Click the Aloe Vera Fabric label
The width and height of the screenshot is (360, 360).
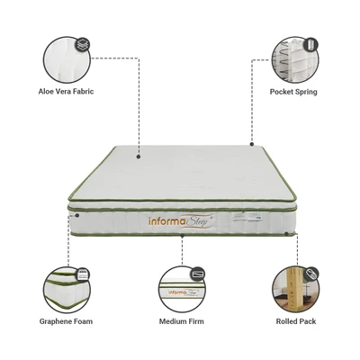66,91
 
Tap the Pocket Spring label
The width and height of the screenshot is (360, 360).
293,92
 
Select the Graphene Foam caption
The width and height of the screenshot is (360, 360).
66,321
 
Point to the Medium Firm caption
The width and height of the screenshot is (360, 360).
181,321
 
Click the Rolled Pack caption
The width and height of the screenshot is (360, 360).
296,321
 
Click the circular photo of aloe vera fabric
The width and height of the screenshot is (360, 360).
67,59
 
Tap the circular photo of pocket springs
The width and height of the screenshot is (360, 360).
295,59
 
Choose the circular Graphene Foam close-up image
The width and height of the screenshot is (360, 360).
67,290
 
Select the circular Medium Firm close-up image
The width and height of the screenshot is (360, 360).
182,290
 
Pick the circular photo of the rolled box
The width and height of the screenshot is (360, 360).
296,290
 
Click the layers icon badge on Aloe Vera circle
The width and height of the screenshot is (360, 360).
83,45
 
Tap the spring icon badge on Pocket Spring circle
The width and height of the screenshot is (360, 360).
310,45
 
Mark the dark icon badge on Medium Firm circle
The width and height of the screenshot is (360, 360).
198,274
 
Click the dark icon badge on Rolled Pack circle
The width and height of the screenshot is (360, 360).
311,274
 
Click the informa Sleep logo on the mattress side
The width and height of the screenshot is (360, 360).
182,221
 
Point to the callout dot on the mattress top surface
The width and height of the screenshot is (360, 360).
139,157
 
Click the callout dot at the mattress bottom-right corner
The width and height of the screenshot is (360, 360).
286,233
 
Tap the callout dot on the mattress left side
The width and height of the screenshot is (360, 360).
77,215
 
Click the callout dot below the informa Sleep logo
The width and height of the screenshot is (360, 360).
182,236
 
